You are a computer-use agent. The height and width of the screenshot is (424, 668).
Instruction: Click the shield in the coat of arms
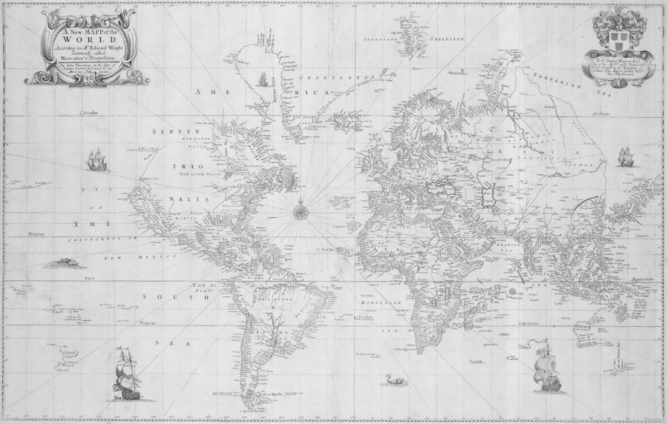622,33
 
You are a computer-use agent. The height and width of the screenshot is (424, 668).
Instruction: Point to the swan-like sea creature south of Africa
389,380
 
